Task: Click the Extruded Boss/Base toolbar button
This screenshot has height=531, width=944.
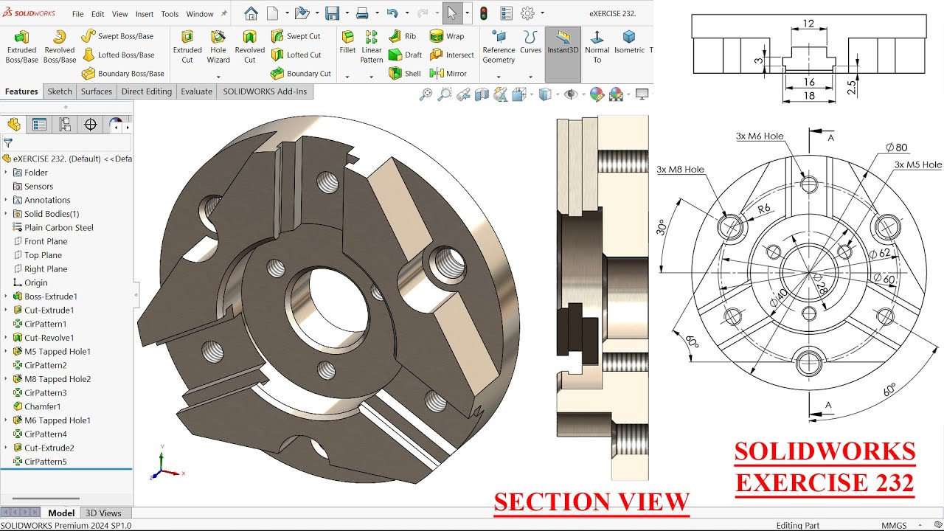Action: click(x=21, y=46)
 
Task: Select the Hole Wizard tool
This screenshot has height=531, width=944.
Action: click(x=218, y=46)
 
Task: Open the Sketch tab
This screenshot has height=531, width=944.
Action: click(x=60, y=91)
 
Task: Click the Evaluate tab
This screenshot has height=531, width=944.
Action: click(x=196, y=91)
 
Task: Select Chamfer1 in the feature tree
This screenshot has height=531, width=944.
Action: click(x=42, y=406)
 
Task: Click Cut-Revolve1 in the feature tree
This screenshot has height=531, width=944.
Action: click(x=49, y=338)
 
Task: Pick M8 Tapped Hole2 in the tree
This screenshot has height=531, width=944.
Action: click(x=57, y=379)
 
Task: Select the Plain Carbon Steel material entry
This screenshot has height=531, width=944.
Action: click(x=58, y=228)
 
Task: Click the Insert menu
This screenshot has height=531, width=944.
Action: click(x=145, y=14)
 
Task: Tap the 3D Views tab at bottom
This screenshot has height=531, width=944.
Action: click(x=103, y=513)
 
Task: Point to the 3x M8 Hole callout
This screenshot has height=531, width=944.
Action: click(x=680, y=170)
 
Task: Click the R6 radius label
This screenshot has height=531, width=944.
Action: click(x=764, y=209)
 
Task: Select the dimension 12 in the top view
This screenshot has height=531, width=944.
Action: click(x=808, y=24)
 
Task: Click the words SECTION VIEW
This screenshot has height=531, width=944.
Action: click(x=591, y=502)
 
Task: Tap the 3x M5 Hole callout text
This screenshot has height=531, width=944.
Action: click(x=917, y=165)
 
